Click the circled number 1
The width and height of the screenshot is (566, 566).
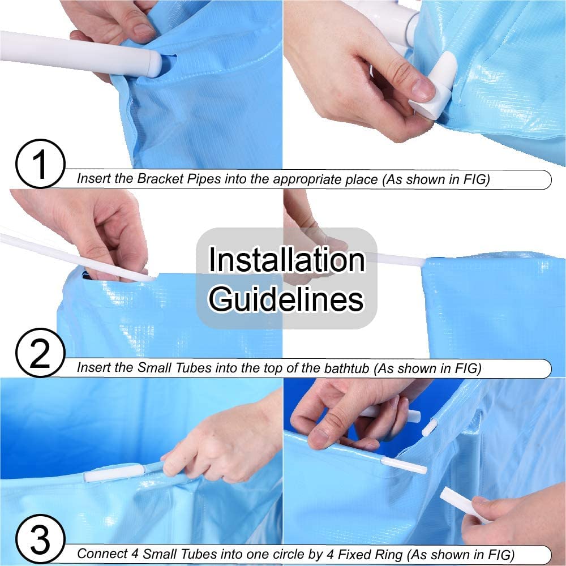click(x=40, y=164)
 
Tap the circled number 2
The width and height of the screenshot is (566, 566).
click(x=40, y=353)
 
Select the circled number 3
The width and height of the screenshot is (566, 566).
click(x=40, y=539)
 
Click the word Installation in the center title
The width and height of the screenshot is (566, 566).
click(x=287, y=260)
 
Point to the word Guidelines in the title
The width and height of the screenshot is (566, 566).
click(x=286, y=299)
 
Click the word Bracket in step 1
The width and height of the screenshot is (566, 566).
click(x=161, y=179)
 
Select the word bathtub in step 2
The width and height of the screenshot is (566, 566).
click(x=346, y=368)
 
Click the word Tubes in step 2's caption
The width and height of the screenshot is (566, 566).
click(x=194, y=368)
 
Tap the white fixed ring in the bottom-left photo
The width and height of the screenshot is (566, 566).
click(x=114, y=472)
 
